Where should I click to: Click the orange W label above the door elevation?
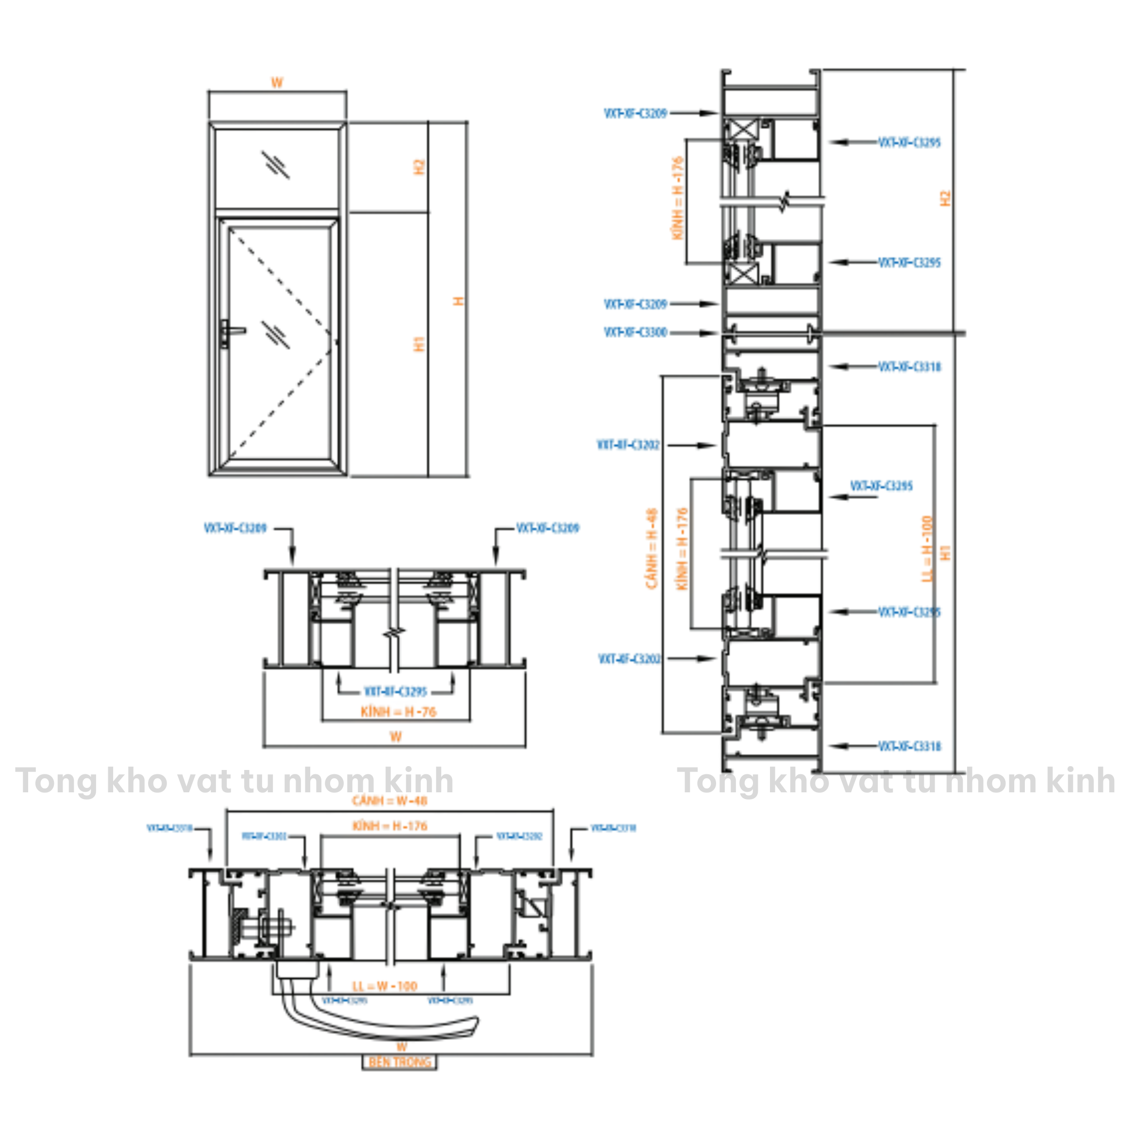[x=277, y=83]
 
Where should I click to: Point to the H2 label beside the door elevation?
[x=419, y=167]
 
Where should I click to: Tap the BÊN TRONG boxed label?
[x=400, y=1062]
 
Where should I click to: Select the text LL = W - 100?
[x=385, y=986]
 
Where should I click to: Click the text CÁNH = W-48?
[x=389, y=801]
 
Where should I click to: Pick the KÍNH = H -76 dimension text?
[x=399, y=712]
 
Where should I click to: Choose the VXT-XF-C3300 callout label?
[x=635, y=333]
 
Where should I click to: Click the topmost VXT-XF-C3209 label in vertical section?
[x=635, y=113]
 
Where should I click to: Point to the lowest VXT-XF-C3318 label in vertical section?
[x=909, y=746]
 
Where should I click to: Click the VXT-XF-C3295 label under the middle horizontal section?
[x=395, y=691]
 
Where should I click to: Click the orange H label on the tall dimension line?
[x=458, y=301]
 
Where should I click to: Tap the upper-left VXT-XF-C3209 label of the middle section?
[x=235, y=528]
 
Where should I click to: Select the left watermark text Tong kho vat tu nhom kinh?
[x=234, y=781]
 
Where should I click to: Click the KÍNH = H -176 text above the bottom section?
[x=389, y=826]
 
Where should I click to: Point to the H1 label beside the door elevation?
[x=419, y=344]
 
